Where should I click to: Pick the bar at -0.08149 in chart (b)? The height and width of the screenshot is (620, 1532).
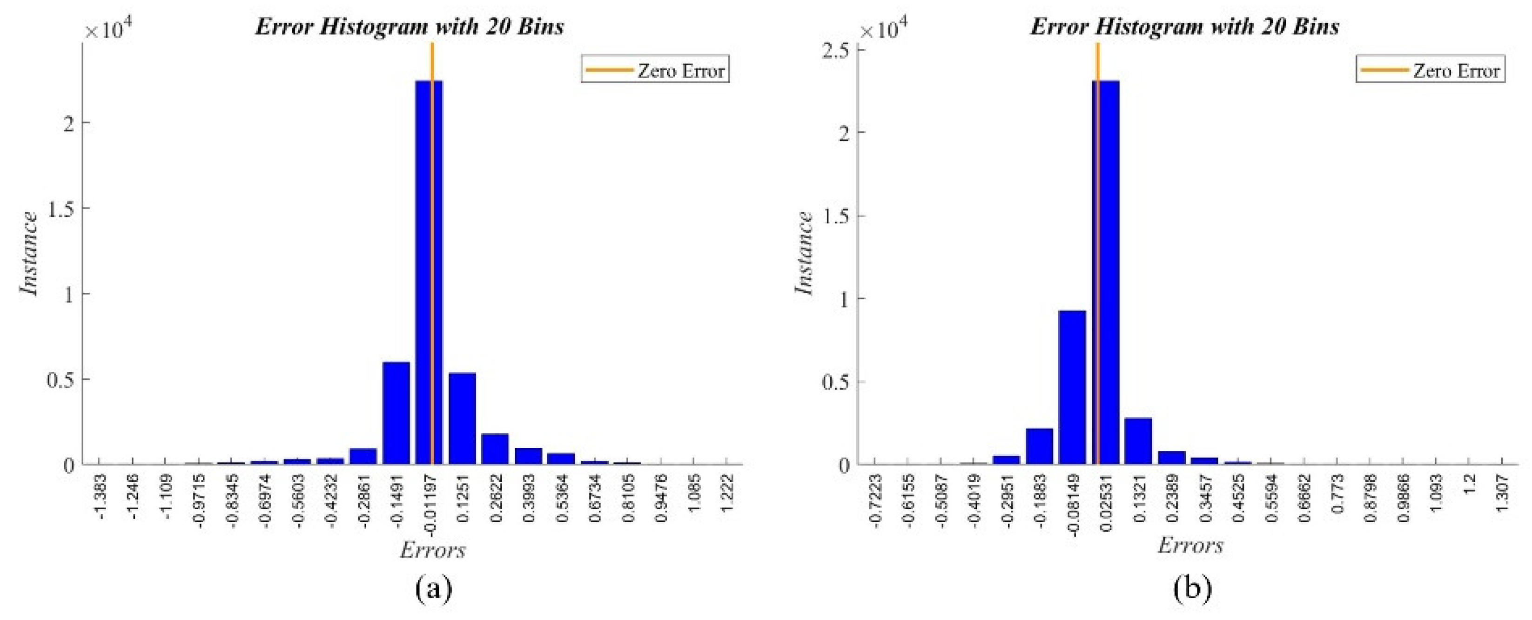point(1072,387)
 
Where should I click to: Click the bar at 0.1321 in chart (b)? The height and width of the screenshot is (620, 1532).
point(1138,440)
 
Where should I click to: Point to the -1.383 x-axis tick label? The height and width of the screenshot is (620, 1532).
point(101,496)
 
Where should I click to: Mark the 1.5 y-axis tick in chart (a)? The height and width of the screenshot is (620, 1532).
point(62,208)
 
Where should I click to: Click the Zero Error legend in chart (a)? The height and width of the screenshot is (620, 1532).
point(655,70)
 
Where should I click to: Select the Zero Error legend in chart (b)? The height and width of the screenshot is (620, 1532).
point(1430,70)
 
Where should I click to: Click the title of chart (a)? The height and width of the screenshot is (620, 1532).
point(409,27)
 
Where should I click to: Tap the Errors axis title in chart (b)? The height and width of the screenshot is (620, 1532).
point(1190,545)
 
